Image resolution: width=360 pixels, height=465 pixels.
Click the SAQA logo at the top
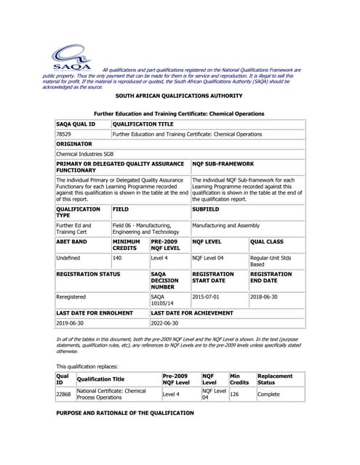coord(71,57)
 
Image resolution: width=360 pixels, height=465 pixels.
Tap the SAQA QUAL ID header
coord(76,124)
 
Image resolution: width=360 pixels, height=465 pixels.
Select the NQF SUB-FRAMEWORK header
coord(223,164)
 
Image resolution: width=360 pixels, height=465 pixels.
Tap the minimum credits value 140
coord(119,257)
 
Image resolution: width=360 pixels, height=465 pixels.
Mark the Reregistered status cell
coord(71,296)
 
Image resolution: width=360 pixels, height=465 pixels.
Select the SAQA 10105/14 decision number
coord(163,299)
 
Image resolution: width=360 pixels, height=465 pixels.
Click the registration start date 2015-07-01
coord(208,296)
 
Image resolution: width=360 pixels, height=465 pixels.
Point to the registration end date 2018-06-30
coord(267,296)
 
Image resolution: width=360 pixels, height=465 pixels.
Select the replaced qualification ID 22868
coord(64,394)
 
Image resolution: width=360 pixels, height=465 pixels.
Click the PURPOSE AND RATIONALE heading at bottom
coord(125,413)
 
